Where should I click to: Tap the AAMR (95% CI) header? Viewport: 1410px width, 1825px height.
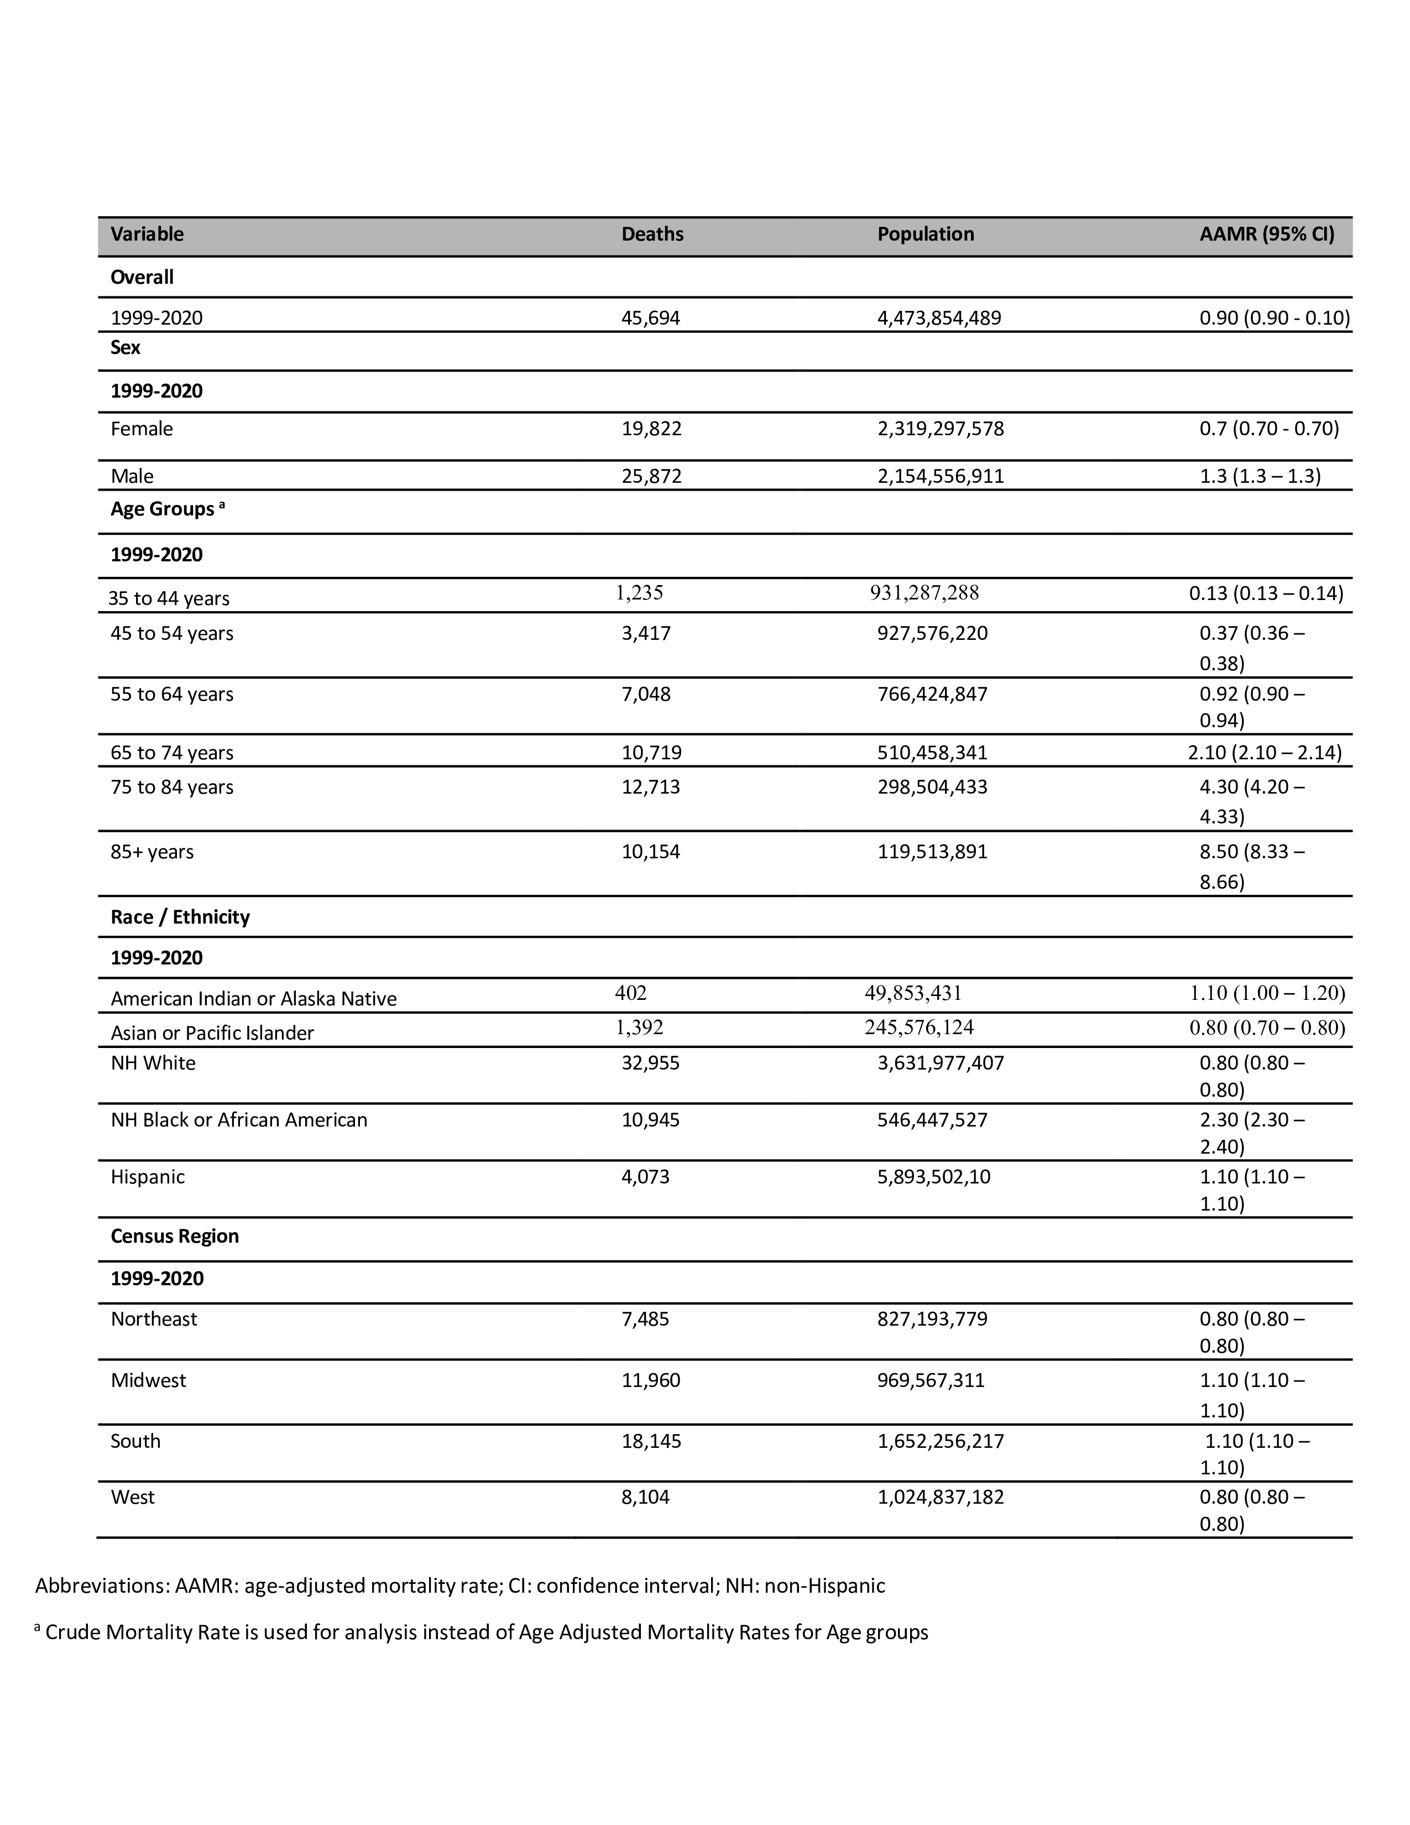(1266, 234)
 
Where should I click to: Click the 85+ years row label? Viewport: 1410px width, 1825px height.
(152, 852)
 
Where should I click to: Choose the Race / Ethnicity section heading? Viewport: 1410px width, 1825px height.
(180, 917)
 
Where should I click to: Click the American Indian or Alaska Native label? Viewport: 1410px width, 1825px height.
(253, 999)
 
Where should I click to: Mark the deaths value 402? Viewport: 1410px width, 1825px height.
(631, 993)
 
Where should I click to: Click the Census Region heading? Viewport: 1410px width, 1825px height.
(175, 1236)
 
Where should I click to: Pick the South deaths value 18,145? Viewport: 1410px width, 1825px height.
(651, 1441)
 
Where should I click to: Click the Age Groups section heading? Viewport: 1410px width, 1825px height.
(163, 509)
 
